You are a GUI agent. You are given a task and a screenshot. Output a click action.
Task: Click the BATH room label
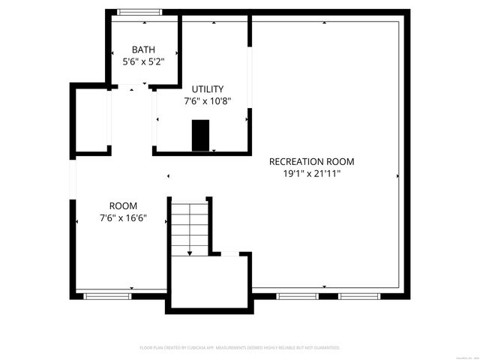(x=143, y=49)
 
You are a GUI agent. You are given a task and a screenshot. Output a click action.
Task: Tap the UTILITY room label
(x=208, y=89)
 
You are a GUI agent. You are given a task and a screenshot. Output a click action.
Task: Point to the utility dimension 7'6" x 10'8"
(x=208, y=101)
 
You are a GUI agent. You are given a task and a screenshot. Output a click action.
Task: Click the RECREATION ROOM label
(x=311, y=161)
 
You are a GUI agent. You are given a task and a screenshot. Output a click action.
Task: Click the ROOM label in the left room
(x=123, y=205)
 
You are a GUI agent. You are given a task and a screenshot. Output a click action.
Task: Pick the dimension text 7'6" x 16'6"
(x=123, y=218)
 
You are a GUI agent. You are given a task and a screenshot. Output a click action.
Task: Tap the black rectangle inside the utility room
(x=200, y=135)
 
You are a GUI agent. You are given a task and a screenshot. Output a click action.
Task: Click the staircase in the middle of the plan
(x=189, y=225)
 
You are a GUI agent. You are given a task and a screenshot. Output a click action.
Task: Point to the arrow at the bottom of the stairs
(x=189, y=253)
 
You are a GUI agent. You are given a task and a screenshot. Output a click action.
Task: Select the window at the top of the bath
(x=140, y=12)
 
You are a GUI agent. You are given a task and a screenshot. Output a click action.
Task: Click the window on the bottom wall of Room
(x=107, y=296)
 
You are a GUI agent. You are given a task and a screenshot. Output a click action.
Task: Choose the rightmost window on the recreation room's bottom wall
(x=355, y=296)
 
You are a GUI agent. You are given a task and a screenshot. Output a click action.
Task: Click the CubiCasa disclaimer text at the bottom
(x=240, y=348)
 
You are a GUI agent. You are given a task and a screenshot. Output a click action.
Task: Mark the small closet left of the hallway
(x=92, y=121)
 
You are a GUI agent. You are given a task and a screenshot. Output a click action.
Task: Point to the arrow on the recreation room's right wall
(x=397, y=176)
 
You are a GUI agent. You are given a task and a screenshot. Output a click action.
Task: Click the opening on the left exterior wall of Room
(x=73, y=178)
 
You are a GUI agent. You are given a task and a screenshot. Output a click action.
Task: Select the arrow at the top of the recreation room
(x=325, y=22)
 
